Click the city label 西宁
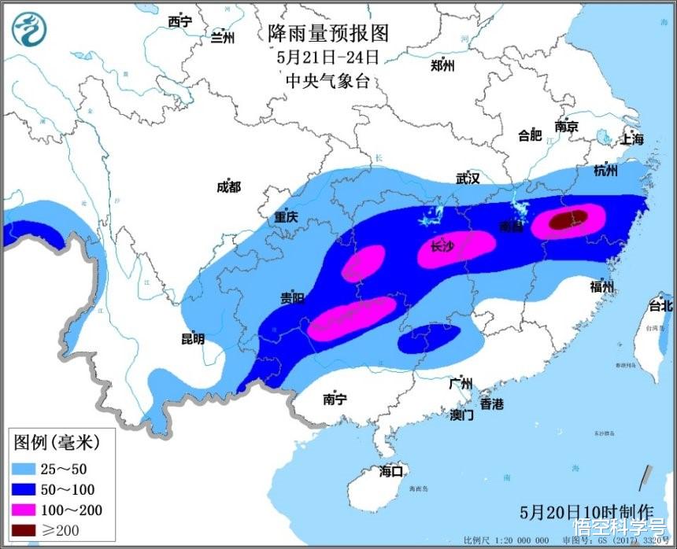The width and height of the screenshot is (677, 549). click(x=179, y=22)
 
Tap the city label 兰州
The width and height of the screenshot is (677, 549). click(x=222, y=36)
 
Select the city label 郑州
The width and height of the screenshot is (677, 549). click(x=442, y=66)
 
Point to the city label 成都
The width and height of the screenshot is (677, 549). click(x=228, y=186)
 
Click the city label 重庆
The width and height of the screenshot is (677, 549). click(x=286, y=217)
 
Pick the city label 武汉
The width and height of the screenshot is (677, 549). click(x=467, y=179)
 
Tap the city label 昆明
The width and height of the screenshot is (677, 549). click(x=192, y=339)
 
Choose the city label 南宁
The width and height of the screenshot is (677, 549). click(x=335, y=400)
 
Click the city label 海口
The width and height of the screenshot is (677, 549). click(x=390, y=471)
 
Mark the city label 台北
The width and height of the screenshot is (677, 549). click(x=660, y=305)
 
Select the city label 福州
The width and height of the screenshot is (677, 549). click(x=601, y=286)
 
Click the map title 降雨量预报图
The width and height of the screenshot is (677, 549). click(x=328, y=32)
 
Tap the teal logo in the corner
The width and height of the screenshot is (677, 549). click(x=30, y=28)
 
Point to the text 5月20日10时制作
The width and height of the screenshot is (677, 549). click(x=586, y=510)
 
